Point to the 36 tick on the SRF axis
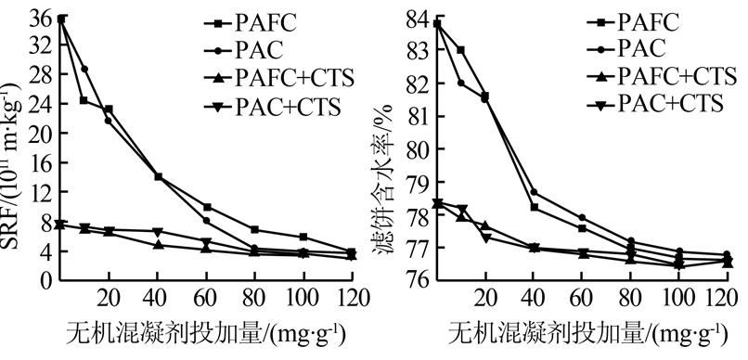pyautogui.click(x=40, y=19)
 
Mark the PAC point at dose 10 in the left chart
pyautogui.click(x=84, y=69)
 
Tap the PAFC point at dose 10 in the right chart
pyautogui.click(x=461, y=50)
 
